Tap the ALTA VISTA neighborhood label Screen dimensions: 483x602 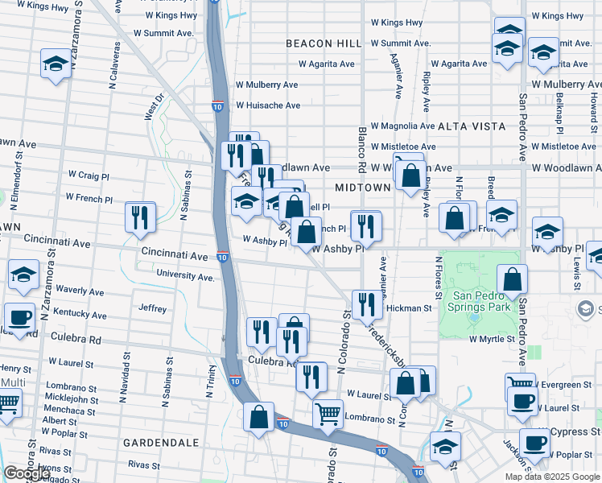[472, 126]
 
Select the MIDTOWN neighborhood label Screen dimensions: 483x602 [362, 187]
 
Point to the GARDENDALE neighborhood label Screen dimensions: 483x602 [161, 443]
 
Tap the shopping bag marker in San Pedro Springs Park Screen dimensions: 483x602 [513, 280]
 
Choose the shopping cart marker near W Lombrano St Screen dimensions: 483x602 [328, 415]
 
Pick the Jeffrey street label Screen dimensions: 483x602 [152, 308]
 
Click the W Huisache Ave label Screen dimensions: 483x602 [267, 105]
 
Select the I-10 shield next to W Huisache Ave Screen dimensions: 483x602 [218, 105]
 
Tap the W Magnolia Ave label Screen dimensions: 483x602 [403, 126]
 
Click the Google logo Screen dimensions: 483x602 [27, 473]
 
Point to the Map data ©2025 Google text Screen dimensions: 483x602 [552, 477]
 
